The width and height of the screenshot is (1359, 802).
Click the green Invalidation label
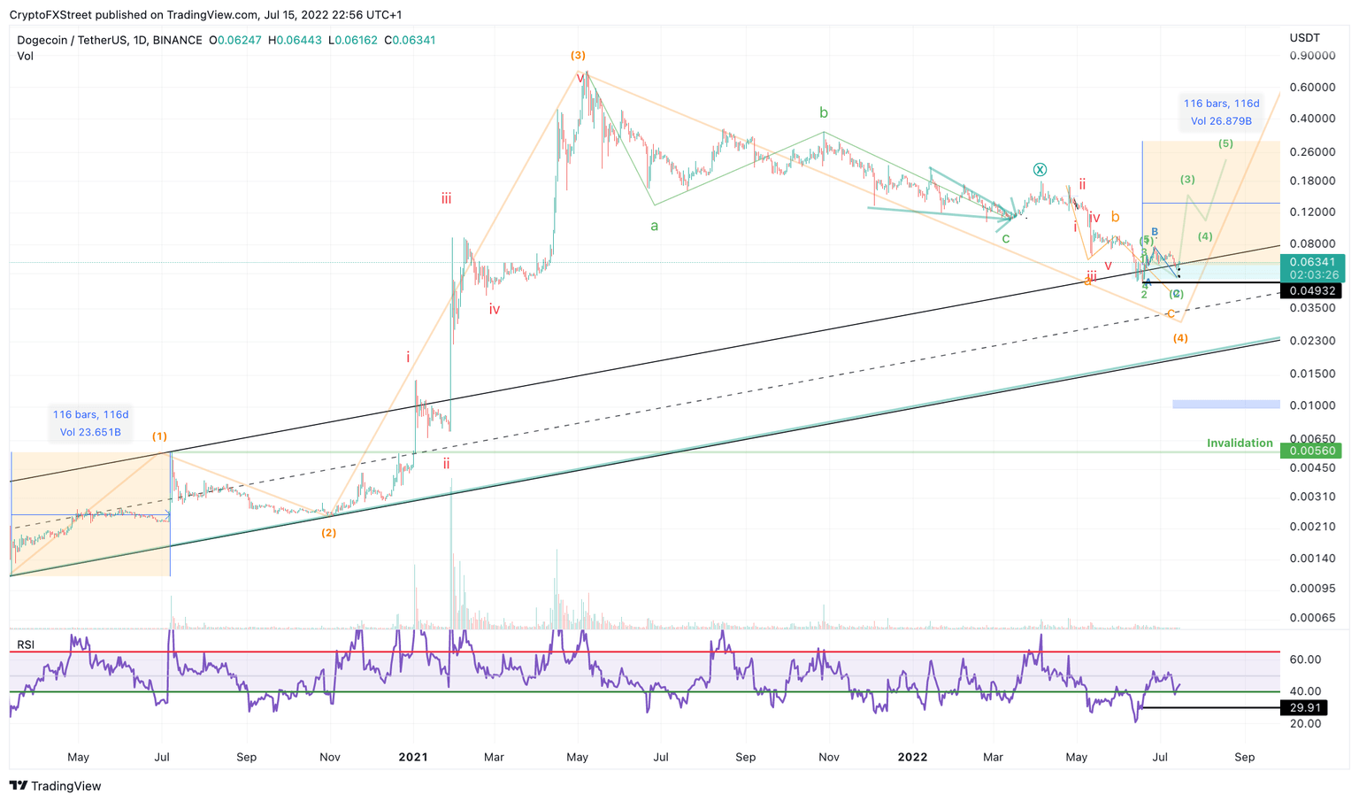pos(1240,443)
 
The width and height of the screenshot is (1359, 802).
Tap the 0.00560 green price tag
pos(1311,451)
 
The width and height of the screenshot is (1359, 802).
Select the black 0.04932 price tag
pos(1311,291)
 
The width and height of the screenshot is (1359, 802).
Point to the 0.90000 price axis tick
pos(1311,56)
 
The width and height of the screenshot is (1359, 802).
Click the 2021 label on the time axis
pos(413,757)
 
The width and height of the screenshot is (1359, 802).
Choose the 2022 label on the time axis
pos(912,757)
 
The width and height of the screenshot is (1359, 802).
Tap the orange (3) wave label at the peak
pos(578,55)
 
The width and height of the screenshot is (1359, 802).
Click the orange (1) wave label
pos(159,436)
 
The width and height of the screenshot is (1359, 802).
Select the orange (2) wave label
pos(328,533)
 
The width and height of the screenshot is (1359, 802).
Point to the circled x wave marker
pos(1040,169)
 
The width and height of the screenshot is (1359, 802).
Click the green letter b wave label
pos(824,112)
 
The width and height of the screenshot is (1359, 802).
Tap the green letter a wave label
pos(655,226)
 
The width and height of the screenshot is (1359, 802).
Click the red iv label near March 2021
pos(495,309)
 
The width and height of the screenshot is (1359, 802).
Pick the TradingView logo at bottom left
pos(56,786)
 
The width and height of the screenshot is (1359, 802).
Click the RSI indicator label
pos(26,644)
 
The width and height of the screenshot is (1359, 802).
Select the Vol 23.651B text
pos(90,433)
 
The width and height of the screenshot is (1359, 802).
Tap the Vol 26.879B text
pos(1221,121)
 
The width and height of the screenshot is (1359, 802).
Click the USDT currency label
pos(1304,38)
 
